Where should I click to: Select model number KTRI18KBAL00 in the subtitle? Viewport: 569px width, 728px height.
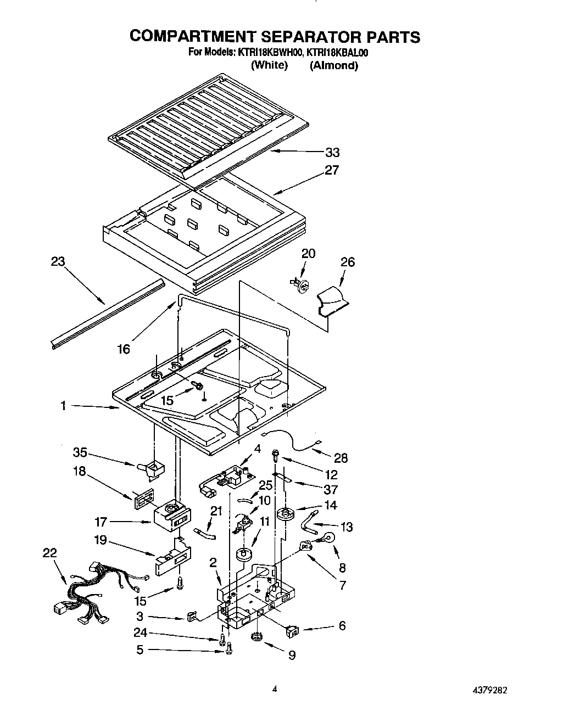337,53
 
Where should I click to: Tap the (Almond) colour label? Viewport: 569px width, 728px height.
333,65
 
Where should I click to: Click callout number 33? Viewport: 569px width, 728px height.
332,153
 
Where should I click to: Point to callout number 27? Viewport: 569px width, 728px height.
332,170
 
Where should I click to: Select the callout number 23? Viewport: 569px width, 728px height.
58,262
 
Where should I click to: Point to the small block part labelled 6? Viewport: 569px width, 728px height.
291,631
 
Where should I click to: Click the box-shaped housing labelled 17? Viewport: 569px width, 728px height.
173,516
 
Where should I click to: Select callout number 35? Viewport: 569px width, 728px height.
80,453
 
